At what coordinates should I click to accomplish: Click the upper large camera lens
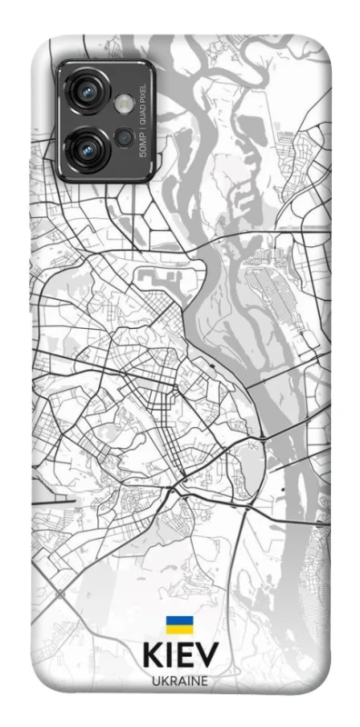[88, 92]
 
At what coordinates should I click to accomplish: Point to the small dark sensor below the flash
[124, 137]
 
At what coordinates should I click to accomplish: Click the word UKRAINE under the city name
[179, 680]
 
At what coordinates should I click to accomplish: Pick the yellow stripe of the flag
[178, 629]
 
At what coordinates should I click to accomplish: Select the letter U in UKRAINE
[155, 680]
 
